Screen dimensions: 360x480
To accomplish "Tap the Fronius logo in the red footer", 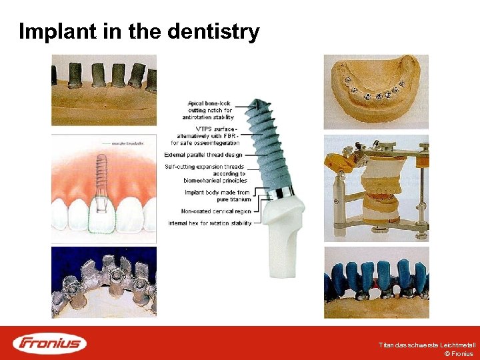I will (50, 343).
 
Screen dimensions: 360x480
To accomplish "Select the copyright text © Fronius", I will (458, 354).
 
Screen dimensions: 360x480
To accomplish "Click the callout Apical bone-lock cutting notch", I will (211, 110).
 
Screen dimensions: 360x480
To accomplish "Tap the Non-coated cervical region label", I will (216, 211).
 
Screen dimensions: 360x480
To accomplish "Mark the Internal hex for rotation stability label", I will (210, 223).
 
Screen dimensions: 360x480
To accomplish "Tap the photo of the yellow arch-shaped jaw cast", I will (376, 91).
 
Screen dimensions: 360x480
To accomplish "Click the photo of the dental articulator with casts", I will (376, 189).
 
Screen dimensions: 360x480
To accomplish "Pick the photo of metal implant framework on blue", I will (104, 282).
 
